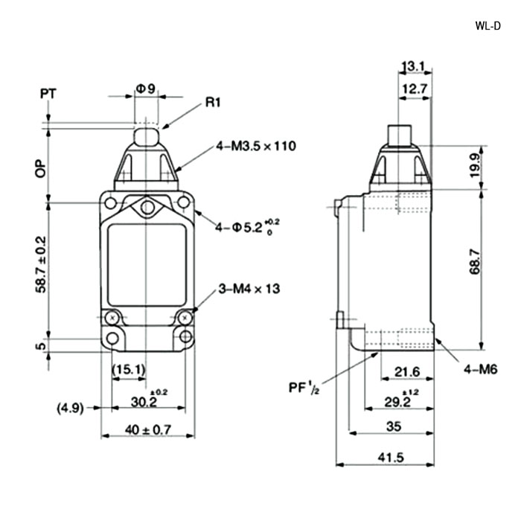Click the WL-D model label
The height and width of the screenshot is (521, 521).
[x=488, y=26]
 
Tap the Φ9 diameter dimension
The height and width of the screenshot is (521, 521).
[x=146, y=89]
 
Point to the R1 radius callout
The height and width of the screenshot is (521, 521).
[x=213, y=103]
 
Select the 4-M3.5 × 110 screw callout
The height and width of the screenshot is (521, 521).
[x=256, y=146]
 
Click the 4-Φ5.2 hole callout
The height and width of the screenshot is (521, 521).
[x=247, y=226]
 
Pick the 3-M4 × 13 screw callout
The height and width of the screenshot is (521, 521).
[x=249, y=289]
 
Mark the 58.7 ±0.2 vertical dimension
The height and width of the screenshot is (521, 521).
[x=41, y=264]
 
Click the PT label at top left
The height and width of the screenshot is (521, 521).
[x=48, y=94]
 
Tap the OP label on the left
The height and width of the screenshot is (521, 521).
[x=41, y=168]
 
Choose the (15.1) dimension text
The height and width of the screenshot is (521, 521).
[x=129, y=369]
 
